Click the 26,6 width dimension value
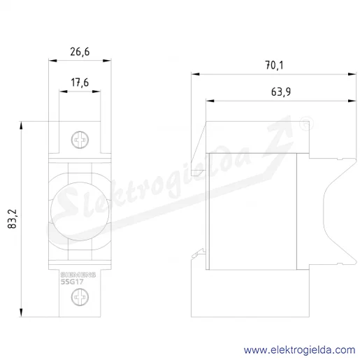point(80,52)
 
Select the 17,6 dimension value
point(80,82)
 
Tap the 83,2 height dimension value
point(12,219)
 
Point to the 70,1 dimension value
point(274,65)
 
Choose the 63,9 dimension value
point(281,92)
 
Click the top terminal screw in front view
point(80,140)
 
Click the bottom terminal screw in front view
point(80,297)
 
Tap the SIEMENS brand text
point(78,275)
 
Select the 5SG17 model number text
point(72,282)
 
